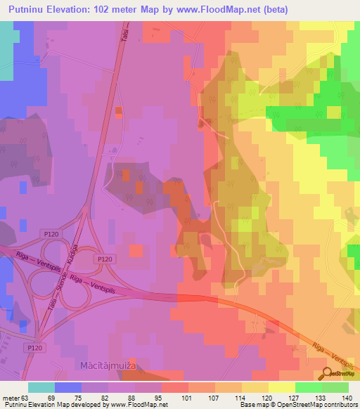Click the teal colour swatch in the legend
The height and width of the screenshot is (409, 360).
(x=41, y=387)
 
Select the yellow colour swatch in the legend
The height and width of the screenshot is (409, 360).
(x=282, y=387)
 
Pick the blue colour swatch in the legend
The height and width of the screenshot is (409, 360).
(x=68, y=387)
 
